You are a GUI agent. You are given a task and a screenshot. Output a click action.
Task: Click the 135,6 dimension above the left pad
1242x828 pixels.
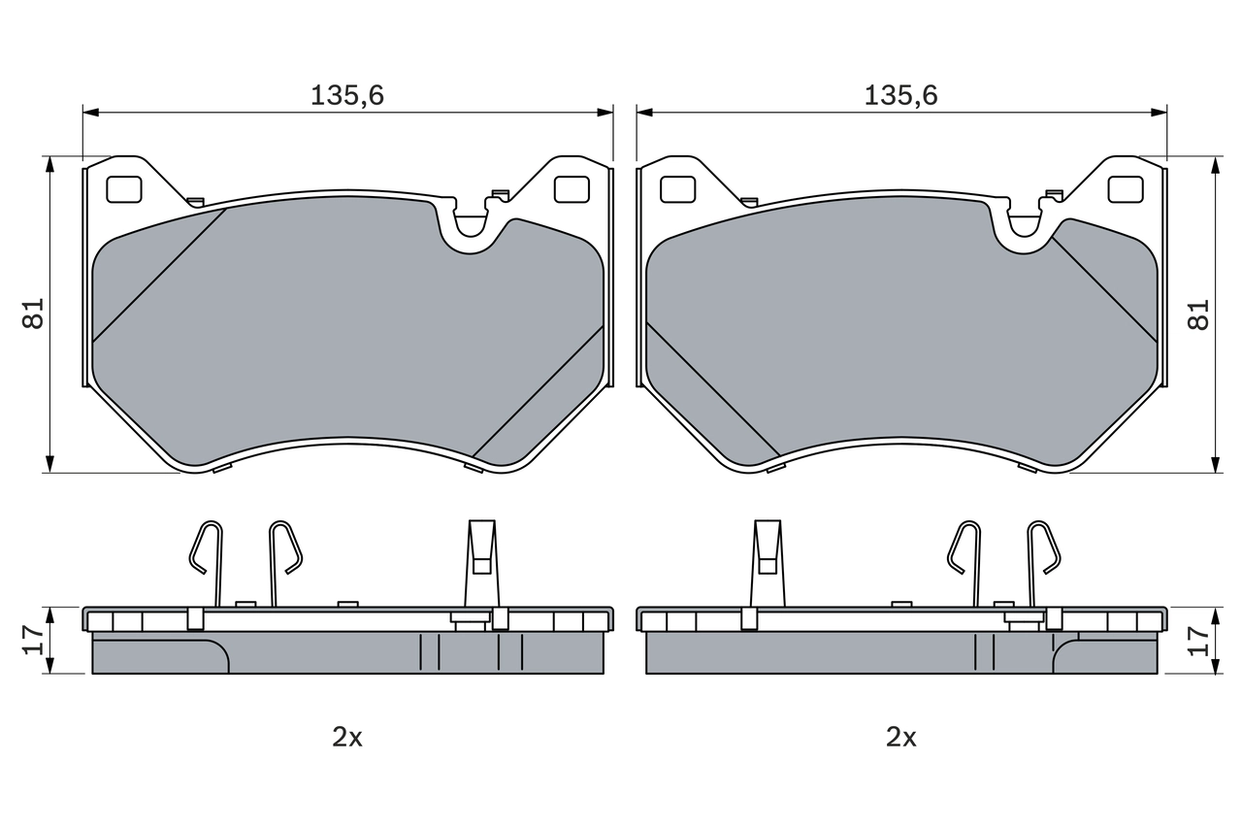point(347,95)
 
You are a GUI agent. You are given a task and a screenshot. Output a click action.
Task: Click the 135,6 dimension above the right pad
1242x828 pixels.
point(901,95)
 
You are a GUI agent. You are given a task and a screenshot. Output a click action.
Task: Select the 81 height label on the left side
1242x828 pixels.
point(35,314)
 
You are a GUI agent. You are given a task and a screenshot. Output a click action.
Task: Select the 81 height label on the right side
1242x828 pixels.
point(1200,314)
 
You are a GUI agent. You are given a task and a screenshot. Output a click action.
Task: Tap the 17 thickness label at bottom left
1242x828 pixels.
point(35,639)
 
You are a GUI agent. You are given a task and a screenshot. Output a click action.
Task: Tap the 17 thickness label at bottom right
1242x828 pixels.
point(1200,639)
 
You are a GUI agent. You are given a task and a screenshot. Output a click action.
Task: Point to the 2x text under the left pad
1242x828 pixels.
point(347,737)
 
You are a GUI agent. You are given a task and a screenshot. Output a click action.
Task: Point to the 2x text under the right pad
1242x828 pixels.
point(901,737)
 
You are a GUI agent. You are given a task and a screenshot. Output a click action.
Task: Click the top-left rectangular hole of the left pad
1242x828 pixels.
point(123,189)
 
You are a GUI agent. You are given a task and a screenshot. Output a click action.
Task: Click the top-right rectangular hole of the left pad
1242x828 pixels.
point(572,189)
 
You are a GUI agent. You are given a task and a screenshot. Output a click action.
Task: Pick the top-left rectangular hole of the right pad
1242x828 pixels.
point(677,189)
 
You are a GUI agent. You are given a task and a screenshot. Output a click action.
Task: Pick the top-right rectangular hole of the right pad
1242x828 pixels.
point(1126,189)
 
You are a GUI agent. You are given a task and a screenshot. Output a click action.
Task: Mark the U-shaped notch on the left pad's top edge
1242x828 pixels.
point(471,224)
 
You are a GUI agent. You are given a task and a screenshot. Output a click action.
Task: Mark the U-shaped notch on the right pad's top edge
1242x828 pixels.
point(1025,224)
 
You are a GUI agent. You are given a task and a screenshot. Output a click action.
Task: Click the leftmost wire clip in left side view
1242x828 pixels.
point(207,558)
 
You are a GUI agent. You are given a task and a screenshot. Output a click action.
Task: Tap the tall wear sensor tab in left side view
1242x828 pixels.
point(481,563)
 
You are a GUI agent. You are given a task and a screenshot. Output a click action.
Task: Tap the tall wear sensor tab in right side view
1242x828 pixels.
point(767,563)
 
